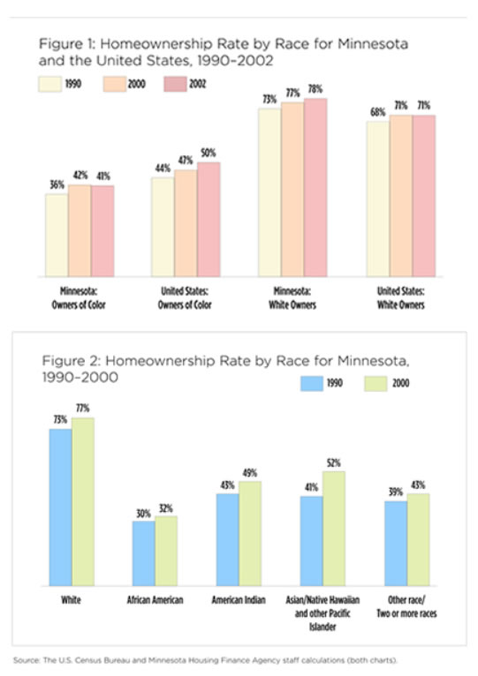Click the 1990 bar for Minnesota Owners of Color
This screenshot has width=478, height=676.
click(x=57, y=235)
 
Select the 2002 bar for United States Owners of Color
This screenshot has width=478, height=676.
click(x=209, y=220)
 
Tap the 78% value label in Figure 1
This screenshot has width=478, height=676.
click(x=315, y=89)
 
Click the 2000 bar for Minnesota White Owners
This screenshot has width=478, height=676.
click(x=292, y=189)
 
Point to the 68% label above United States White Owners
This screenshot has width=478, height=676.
click(x=378, y=112)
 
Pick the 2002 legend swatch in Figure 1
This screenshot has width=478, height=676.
click(x=175, y=84)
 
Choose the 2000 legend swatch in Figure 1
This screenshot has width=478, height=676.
click(x=115, y=84)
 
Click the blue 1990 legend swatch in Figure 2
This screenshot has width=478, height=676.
click(x=312, y=383)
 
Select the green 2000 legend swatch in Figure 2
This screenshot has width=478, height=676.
click(x=376, y=383)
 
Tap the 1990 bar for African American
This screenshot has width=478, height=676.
click(x=144, y=553)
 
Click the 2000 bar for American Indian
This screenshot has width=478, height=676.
click(x=250, y=533)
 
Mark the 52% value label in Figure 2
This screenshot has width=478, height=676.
click(x=334, y=463)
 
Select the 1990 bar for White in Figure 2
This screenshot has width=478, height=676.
click(x=60, y=507)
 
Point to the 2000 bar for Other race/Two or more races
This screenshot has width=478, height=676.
click(x=419, y=540)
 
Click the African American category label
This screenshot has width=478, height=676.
click(x=155, y=600)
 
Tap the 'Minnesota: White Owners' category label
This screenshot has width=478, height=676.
click(x=292, y=298)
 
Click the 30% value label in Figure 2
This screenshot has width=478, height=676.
click(x=143, y=514)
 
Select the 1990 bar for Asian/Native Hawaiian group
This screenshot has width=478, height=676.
click(x=312, y=541)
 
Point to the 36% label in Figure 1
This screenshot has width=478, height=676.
click(x=57, y=185)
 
